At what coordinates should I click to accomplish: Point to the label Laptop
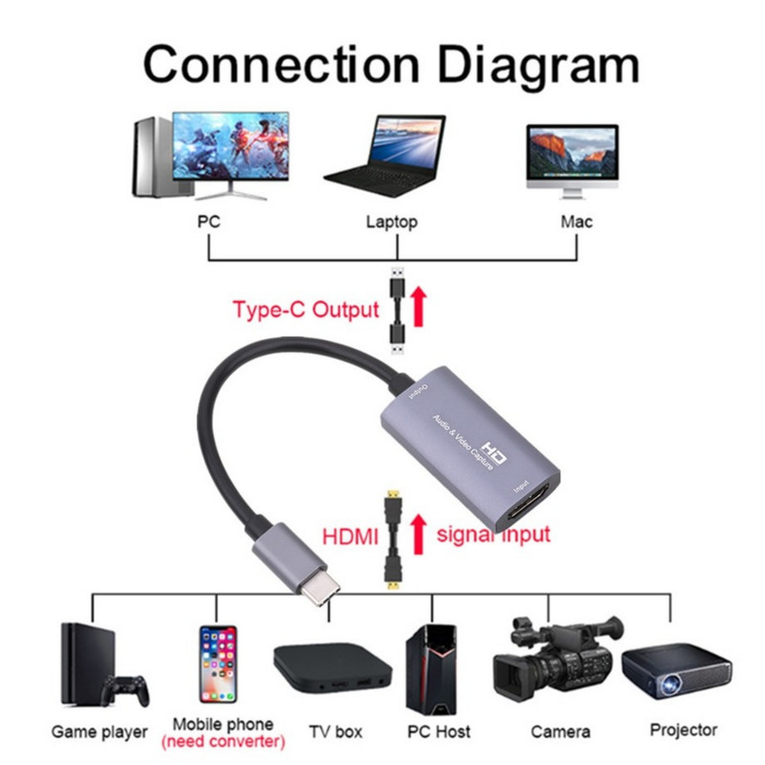click(x=391, y=222)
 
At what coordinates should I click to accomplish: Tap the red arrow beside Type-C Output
click(x=417, y=308)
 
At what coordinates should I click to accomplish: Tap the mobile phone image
click(x=217, y=667)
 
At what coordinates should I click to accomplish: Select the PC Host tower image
click(x=431, y=667)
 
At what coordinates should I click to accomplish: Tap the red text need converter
click(x=223, y=741)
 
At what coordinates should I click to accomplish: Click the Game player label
click(x=99, y=732)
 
